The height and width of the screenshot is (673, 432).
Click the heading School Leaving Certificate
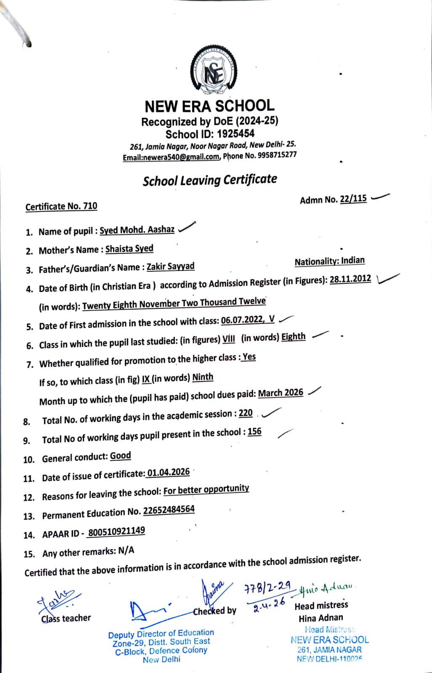(x=210, y=180)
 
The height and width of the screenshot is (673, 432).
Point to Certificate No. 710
(x=61, y=206)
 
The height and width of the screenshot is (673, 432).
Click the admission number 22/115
(x=353, y=199)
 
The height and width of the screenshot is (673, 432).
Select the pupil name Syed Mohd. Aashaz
(x=137, y=230)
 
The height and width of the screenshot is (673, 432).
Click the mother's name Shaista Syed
(x=129, y=249)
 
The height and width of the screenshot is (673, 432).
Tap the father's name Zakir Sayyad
(x=170, y=267)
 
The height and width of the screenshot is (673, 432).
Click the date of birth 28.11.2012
(x=350, y=279)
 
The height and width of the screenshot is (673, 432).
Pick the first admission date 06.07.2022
(x=242, y=320)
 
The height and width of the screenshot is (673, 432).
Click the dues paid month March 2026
(x=281, y=393)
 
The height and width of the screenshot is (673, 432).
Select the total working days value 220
(x=246, y=413)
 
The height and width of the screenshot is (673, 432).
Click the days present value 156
(x=254, y=432)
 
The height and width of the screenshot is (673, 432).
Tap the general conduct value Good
(x=121, y=456)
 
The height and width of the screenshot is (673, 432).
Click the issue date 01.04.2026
(x=168, y=472)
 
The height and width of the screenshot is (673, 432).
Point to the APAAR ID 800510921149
(x=117, y=532)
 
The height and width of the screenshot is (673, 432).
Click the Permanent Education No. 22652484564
(x=169, y=510)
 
